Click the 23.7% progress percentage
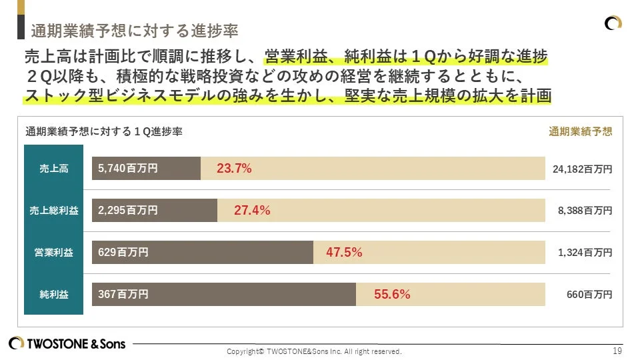(234, 169)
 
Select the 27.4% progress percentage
(251, 211)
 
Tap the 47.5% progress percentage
(343, 253)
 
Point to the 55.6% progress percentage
(391, 294)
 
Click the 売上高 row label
(53, 169)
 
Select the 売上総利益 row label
(53, 211)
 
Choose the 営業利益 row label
(53, 253)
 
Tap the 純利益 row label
(53, 294)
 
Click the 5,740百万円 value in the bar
(127, 169)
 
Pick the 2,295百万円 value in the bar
(127, 210)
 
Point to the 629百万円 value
(123, 252)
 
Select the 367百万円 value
(123, 294)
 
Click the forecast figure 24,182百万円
(582, 169)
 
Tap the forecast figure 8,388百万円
(585, 211)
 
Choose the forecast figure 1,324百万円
(585, 253)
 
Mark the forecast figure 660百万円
(589, 294)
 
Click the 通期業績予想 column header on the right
(580, 131)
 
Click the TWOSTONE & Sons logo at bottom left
(67, 343)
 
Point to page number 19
(617, 351)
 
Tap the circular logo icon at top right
(613, 23)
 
